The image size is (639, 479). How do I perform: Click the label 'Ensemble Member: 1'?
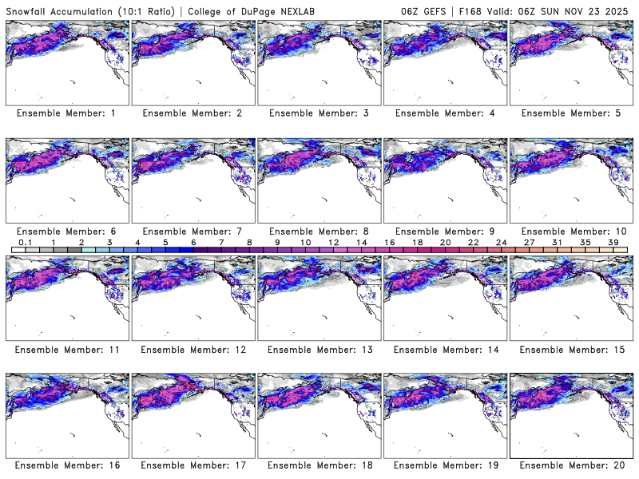[x=67, y=113]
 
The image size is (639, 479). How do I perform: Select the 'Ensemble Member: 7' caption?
[x=192, y=231]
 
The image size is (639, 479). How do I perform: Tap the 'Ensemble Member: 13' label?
[x=319, y=349]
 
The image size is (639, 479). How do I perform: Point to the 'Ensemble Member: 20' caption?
[x=571, y=465]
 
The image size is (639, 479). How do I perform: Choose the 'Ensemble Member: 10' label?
[x=571, y=231]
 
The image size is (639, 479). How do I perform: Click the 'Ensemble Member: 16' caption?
[x=67, y=465]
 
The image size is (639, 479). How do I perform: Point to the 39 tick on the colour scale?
[x=613, y=242]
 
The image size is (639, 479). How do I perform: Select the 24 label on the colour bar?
[x=501, y=242]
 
